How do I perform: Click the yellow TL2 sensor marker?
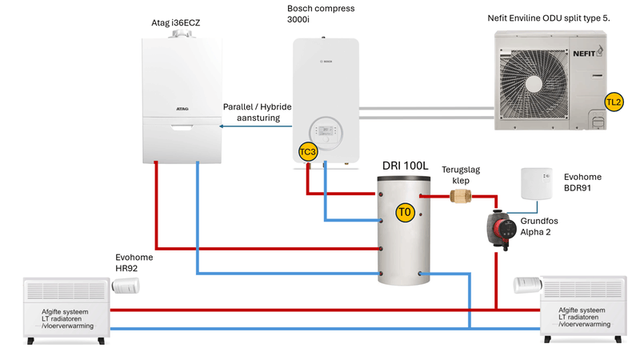[x=614, y=102]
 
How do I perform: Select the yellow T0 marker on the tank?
[x=405, y=213]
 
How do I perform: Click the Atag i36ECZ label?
[x=175, y=23]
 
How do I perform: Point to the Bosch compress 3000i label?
[x=321, y=14]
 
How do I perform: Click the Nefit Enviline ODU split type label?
[x=554, y=17]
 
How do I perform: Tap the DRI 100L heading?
[x=404, y=166]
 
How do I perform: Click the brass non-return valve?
[x=459, y=196]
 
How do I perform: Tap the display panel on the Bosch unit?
[x=324, y=131]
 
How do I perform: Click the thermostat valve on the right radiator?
[x=527, y=282]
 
